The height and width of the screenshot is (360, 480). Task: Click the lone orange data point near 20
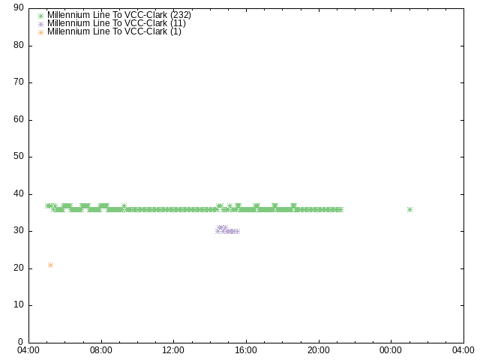pyautogui.click(x=50, y=265)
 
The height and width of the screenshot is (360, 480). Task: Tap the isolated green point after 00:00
pyautogui.click(x=410, y=210)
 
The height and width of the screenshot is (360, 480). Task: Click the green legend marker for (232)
pyautogui.click(x=40, y=16)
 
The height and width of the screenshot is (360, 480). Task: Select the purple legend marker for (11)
pyautogui.click(x=40, y=24)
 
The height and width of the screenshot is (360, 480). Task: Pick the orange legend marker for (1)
pyautogui.click(x=40, y=32)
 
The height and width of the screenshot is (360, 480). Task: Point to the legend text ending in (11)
pyautogui.click(x=116, y=23)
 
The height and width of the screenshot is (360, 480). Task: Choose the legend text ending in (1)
pyautogui.click(x=114, y=31)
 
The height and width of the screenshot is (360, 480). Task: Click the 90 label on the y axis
pyautogui.click(x=19, y=7)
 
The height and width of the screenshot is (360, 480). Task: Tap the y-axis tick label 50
pyautogui.click(x=19, y=157)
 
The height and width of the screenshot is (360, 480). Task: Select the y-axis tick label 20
pyautogui.click(x=19, y=268)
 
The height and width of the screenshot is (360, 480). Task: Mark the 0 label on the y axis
pyautogui.click(x=21, y=342)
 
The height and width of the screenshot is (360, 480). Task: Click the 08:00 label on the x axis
pyautogui.click(x=101, y=350)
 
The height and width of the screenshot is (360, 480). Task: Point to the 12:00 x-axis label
pyautogui.click(x=173, y=350)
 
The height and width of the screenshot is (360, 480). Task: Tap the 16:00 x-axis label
pyautogui.click(x=246, y=350)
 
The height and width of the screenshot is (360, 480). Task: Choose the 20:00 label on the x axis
pyautogui.click(x=319, y=350)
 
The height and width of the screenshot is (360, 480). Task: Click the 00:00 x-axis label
pyautogui.click(x=391, y=350)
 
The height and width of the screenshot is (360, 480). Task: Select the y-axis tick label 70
pyautogui.click(x=19, y=82)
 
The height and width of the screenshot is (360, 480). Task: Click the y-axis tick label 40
pyautogui.click(x=19, y=193)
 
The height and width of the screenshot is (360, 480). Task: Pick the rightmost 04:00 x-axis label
pyautogui.click(x=463, y=350)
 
